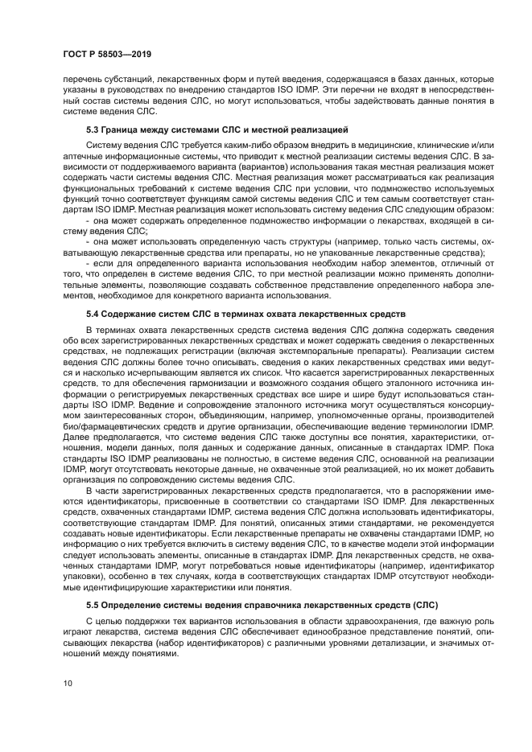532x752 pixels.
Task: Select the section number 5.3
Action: (93, 129)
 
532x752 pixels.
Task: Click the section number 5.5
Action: (93, 604)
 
